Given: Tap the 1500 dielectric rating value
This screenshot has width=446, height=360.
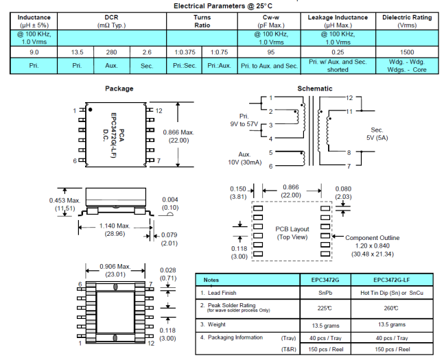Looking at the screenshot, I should click(407, 51).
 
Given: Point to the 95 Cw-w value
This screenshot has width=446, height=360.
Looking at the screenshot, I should click(270, 51).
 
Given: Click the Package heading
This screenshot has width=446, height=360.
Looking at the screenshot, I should click(119, 88).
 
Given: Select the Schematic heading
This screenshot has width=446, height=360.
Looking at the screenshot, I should click(314, 88).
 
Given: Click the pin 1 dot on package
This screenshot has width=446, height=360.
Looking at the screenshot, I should click(90, 109).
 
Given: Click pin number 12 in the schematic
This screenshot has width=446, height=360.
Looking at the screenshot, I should click(349, 98).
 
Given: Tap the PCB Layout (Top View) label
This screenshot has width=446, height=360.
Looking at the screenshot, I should click(293, 232).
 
